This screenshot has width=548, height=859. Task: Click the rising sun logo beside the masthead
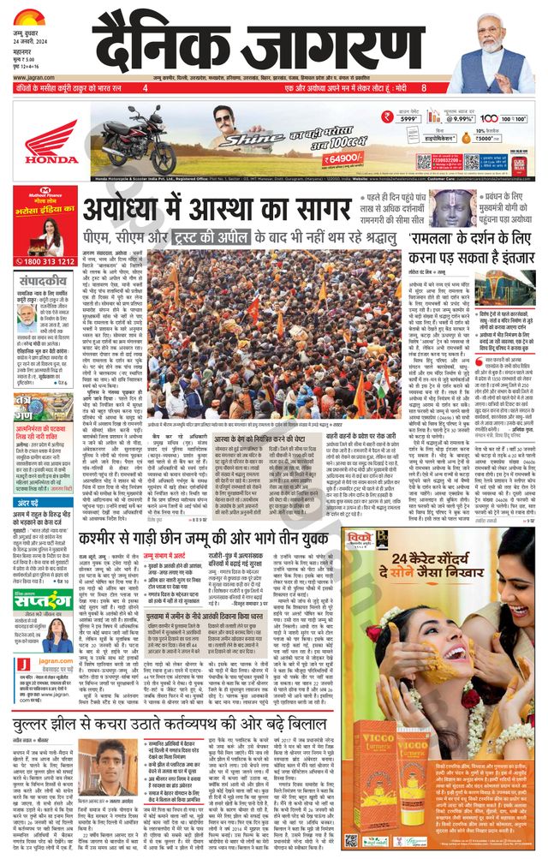(x=29, y=15)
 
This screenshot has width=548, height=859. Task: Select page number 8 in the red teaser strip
(x=423, y=87)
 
